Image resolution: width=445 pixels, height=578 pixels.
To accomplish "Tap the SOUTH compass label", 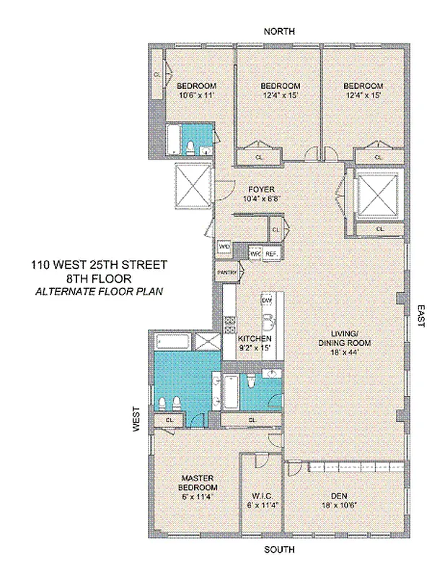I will click(x=279, y=551).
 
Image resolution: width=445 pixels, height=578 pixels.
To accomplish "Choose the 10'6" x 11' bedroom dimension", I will click(x=193, y=94).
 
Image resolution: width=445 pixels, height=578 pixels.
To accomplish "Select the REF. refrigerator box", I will click(x=271, y=254).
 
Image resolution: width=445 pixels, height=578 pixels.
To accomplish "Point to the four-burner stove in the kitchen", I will click(x=231, y=324).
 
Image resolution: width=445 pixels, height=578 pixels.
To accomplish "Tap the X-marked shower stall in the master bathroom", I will click(x=208, y=344).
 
